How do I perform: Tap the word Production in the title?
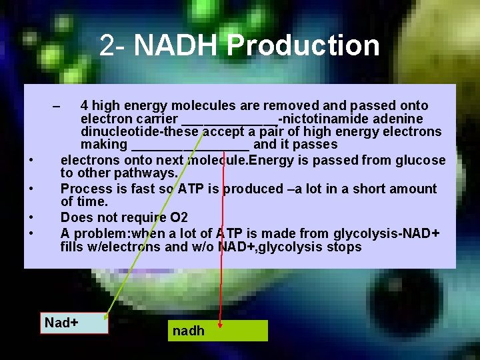[x=303, y=45]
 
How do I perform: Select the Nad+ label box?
[x=73, y=323]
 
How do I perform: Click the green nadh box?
[x=218, y=331]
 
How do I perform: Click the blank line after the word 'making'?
[x=191, y=145]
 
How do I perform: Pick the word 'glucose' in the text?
[x=420, y=160]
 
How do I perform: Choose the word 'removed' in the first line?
[x=279, y=105]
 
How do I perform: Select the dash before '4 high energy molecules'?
[x=56, y=106]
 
